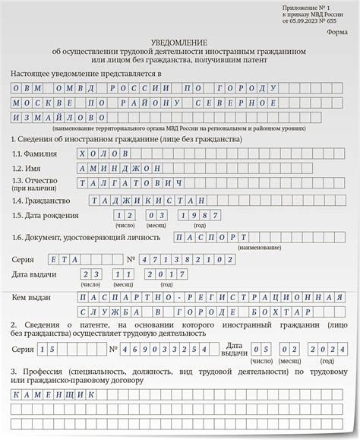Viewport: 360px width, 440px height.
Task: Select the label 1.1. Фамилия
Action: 35,153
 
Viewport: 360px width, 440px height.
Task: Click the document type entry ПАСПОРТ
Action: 212,236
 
